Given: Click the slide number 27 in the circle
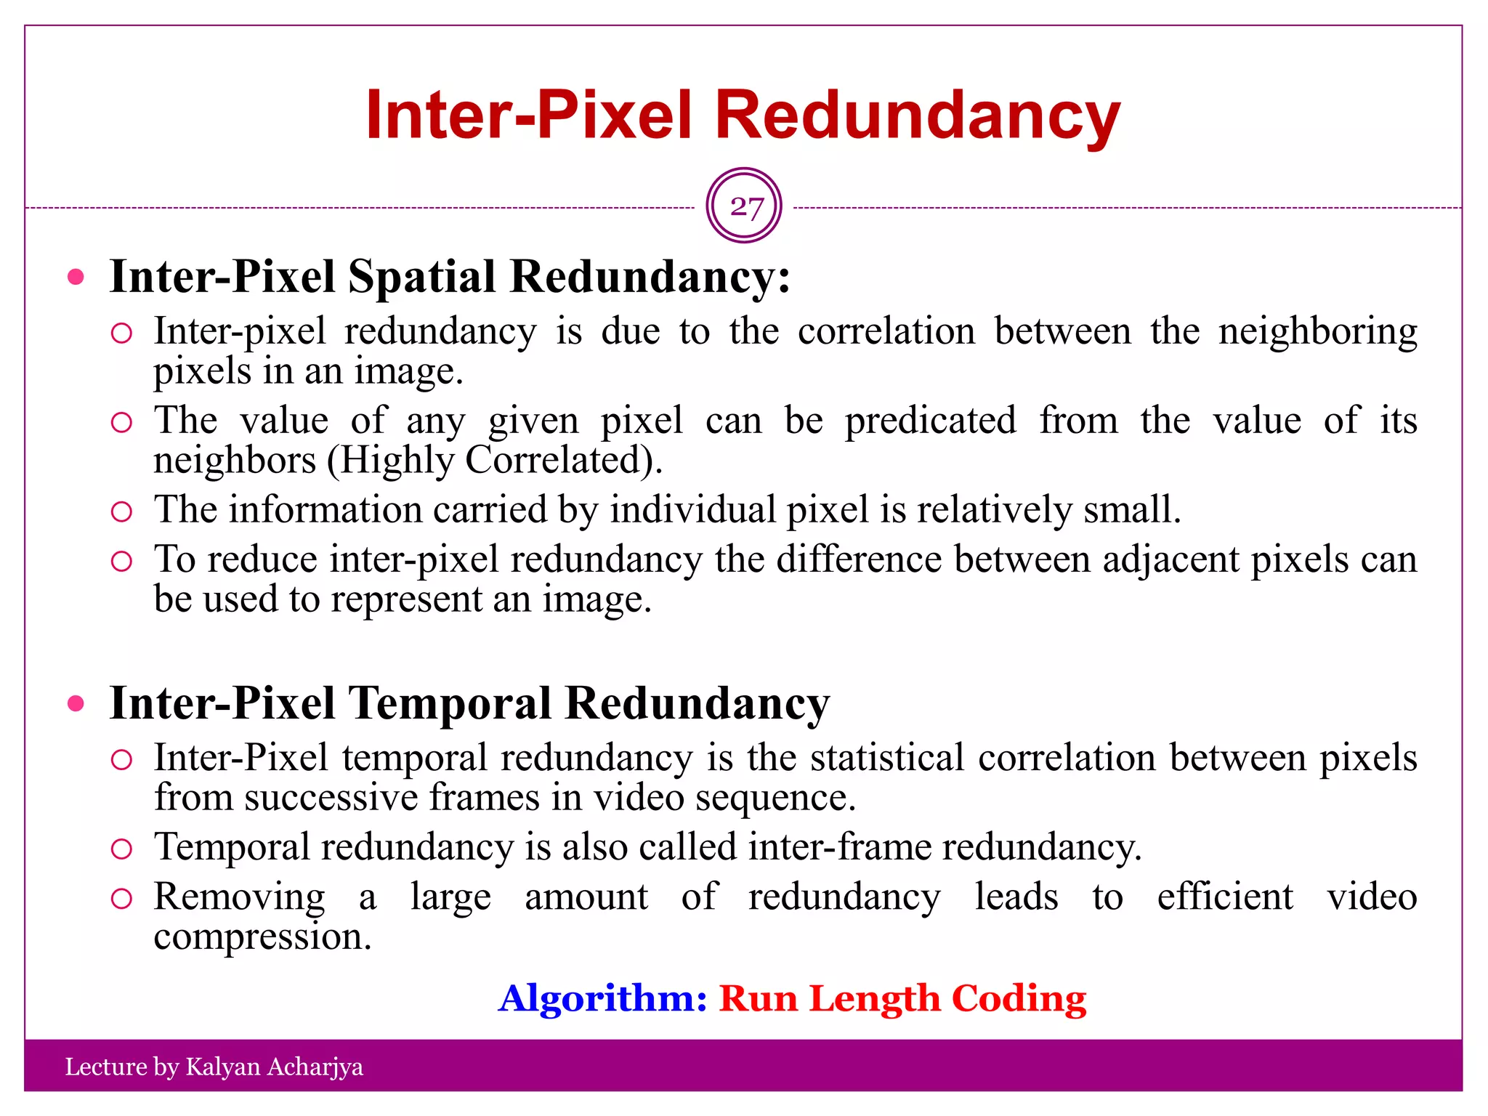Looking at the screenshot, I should (x=745, y=207).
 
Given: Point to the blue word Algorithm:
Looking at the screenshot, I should (x=602, y=998).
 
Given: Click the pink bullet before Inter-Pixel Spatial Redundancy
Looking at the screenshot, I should (x=76, y=277).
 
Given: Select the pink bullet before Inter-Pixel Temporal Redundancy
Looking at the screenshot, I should (x=76, y=703).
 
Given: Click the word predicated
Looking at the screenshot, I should (x=930, y=421).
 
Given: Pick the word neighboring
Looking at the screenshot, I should (x=1317, y=332).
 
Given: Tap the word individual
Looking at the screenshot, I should (x=693, y=509).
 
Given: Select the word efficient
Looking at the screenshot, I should (x=1225, y=897).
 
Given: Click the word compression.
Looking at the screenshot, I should (x=262, y=937).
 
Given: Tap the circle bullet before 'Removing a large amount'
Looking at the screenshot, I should (x=121, y=899).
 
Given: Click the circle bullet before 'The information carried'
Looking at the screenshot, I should (x=121, y=511).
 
